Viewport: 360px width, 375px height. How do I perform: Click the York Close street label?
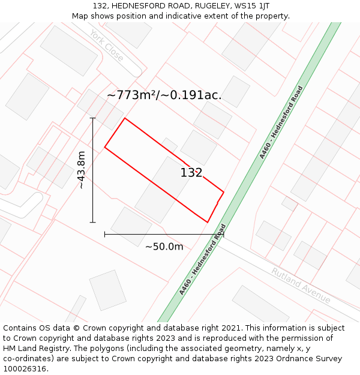(x=107, y=46)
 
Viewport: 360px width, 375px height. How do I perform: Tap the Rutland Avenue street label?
(x=300, y=285)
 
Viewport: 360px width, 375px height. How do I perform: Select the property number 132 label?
(x=191, y=173)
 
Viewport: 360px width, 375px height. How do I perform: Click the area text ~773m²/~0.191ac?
(x=164, y=95)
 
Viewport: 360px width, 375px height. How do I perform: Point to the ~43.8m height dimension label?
(x=81, y=170)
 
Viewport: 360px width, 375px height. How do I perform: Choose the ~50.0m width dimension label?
(x=164, y=246)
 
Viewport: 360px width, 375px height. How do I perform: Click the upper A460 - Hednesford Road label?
(x=281, y=122)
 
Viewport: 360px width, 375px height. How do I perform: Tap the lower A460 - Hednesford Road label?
(x=203, y=260)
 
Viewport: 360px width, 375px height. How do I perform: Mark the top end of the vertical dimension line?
(x=92, y=118)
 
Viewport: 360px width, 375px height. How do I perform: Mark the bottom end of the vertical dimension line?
(x=92, y=222)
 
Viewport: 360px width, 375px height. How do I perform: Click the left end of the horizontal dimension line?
(x=105, y=234)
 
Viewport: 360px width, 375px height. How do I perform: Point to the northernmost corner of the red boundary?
(x=125, y=118)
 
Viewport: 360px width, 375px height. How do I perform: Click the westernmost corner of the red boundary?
(x=105, y=147)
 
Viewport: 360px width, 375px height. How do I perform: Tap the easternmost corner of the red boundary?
(x=224, y=192)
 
